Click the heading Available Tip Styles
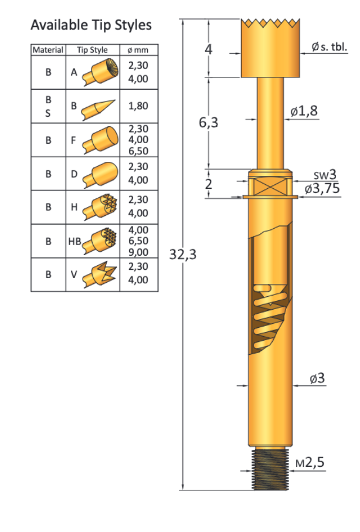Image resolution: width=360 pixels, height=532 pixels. (91, 25)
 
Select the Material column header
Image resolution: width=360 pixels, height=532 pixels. (48, 50)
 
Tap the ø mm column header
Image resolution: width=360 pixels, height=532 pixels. (134, 50)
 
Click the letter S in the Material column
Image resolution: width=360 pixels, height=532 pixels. (48, 113)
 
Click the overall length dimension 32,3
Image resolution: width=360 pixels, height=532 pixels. (182, 255)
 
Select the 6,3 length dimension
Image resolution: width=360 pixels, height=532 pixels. (208, 123)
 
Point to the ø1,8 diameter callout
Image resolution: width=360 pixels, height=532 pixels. (304, 111)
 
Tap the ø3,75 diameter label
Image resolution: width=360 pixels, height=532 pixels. (321, 189)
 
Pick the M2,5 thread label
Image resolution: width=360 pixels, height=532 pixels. (310, 462)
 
